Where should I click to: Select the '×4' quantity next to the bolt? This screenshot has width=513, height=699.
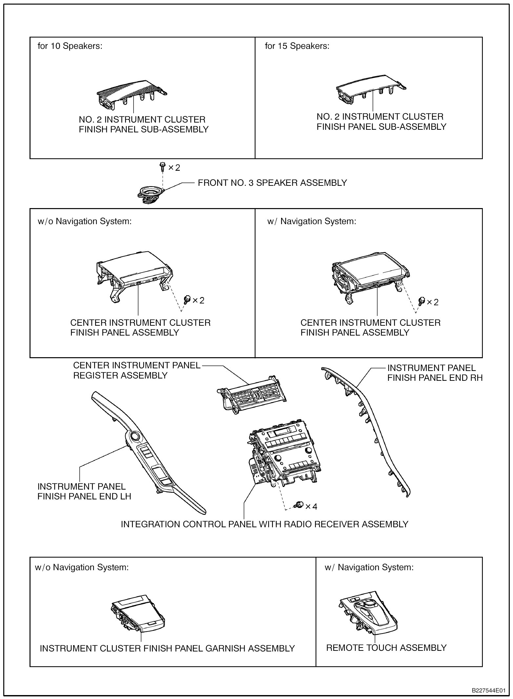coord(311,507)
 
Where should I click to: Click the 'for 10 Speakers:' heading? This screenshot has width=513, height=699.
coord(70,46)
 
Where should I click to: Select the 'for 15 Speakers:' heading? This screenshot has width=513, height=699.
coord(297,46)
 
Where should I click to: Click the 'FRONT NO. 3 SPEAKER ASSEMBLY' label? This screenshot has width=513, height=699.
coord(272,183)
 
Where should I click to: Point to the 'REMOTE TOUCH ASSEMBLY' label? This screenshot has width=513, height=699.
coord(386,648)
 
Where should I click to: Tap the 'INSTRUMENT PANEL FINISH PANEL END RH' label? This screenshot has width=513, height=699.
coord(435,373)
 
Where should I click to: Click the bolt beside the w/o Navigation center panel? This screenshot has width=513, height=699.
coord(188,299)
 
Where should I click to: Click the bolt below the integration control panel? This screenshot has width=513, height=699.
coord(299,505)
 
